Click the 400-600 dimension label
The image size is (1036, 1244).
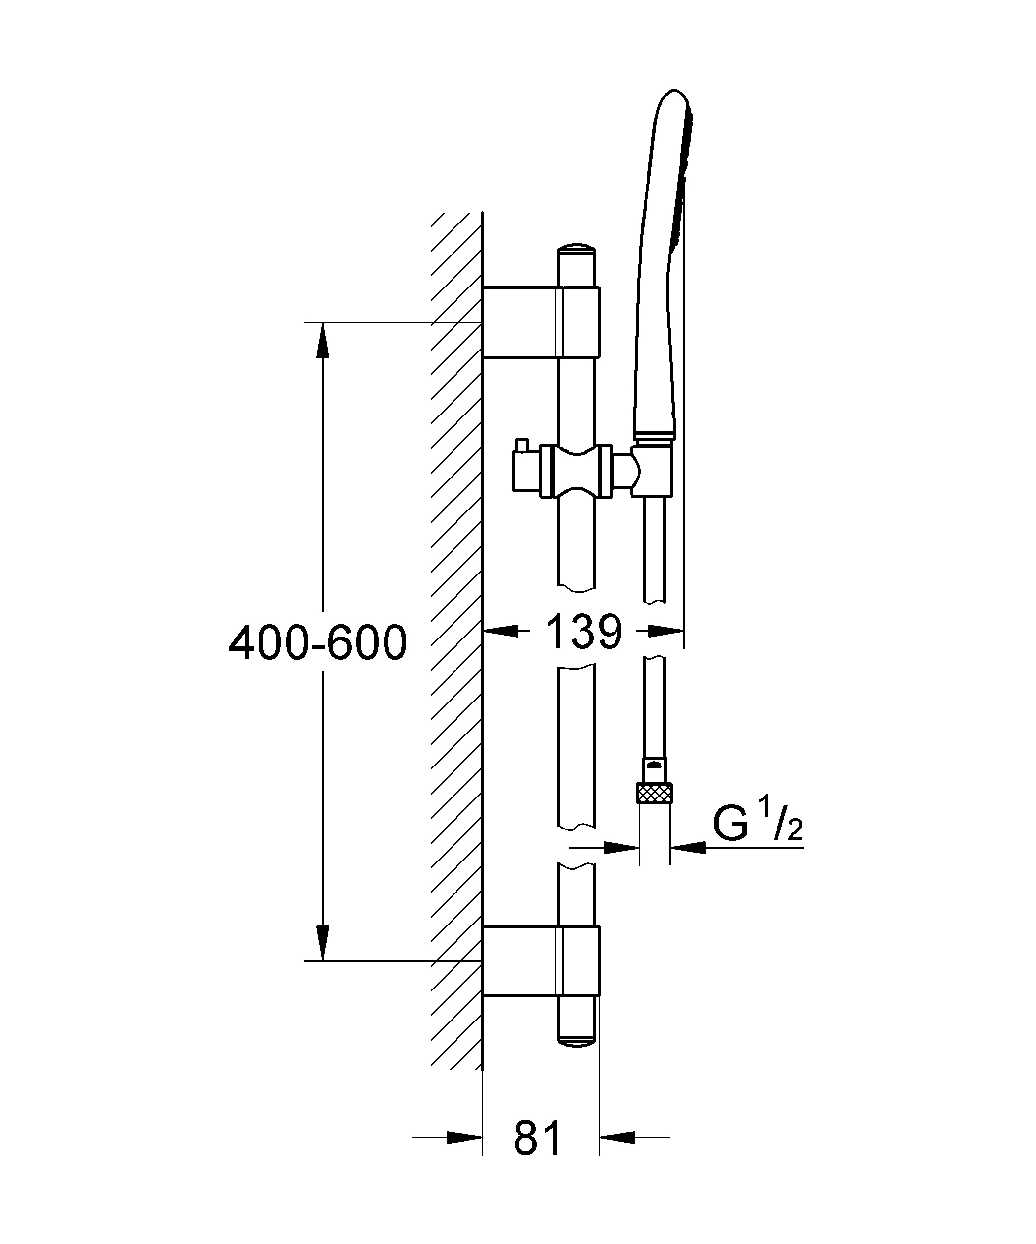click(318, 643)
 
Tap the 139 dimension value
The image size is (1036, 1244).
click(584, 632)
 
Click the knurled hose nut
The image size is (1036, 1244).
click(654, 792)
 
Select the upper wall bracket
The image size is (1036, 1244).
click(541, 322)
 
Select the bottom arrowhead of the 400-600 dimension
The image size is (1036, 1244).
click(322, 943)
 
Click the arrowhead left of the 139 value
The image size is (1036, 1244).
click(501, 632)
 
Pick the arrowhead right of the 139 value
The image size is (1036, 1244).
click(667, 632)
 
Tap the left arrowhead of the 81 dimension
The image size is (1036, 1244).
click(465, 1137)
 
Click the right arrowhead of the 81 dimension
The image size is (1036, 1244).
click(617, 1137)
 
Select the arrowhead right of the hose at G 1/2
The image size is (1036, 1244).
click(687, 848)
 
